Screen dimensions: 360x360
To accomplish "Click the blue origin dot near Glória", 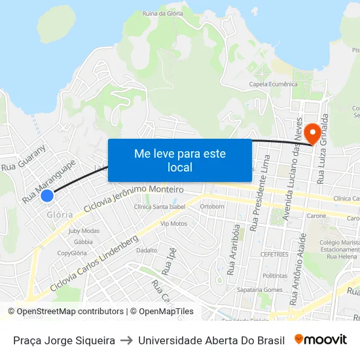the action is (46, 195).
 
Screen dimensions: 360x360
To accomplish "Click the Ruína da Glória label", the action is (162, 13).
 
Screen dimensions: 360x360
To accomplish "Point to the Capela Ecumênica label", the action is (273, 84).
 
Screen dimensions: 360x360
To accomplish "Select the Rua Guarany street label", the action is (24, 158).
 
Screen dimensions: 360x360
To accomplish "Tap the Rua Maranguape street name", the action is (49, 180).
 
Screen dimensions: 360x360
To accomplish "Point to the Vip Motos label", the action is (173, 223).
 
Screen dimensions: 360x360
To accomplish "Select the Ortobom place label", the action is (212, 206).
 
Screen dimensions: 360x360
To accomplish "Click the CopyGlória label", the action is (72, 253).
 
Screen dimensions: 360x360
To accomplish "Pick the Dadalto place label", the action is (146, 250).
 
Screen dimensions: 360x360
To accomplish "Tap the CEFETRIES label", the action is (274, 255).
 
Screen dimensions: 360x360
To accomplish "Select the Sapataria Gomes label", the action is (260, 289).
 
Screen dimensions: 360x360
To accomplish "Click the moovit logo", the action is (321, 340).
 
